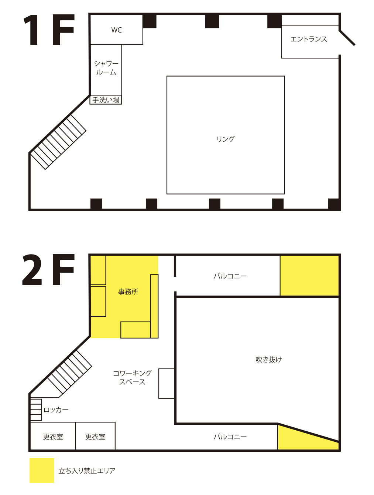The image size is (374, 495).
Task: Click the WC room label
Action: [x=116, y=30]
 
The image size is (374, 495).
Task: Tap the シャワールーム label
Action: [x=106, y=68]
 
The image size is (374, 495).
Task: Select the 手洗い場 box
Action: [x=106, y=100]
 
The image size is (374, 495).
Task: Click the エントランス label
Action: [x=309, y=39]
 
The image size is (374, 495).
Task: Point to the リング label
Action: [x=225, y=139]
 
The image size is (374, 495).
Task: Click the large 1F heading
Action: [x=49, y=30]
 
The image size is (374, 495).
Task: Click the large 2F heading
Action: [x=48, y=269]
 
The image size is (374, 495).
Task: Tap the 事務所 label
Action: [x=128, y=292]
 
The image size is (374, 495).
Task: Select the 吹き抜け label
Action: [x=269, y=360]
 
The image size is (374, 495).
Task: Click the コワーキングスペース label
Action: [x=132, y=377]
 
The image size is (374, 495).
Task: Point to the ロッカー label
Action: [x=56, y=410]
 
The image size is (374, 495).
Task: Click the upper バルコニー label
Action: [x=230, y=276]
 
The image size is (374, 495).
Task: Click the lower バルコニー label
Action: [x=230, y=437]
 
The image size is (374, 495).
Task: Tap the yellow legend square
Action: [x=42, y=470]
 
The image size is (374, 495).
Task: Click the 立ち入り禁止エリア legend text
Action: [x=87, y=471]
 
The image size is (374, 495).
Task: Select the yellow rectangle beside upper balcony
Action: [x=309, y=276]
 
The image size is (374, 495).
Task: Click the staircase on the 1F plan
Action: [x=58, y=142]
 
